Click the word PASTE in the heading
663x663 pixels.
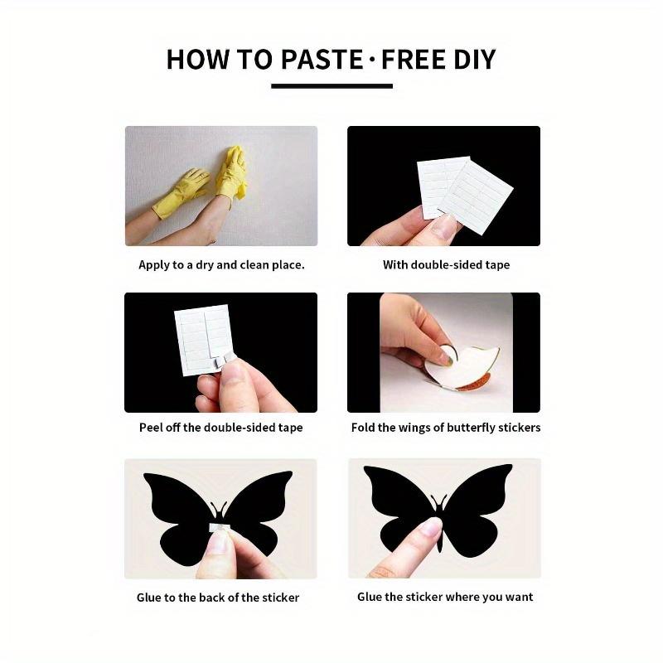pyautogui.click(x=317, y=60)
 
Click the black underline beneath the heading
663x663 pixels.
pyautogui.click(x=331, y=85)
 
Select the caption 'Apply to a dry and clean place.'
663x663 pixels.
pyautogui.click(x=221, y=265)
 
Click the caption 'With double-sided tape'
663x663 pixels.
pyautogui.click(x=446, y=265)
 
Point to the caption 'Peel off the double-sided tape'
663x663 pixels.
pyautogui.click(x=220, y=428)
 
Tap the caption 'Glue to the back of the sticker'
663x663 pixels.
pyautogui.click(x=218, y=597)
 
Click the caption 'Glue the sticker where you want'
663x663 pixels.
pyautogui.click(x=445, y=597)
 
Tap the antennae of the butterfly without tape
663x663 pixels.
pyautogui.click(x=438, y=501)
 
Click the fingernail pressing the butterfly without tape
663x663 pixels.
pyautogui.click(x=429, y=527)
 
